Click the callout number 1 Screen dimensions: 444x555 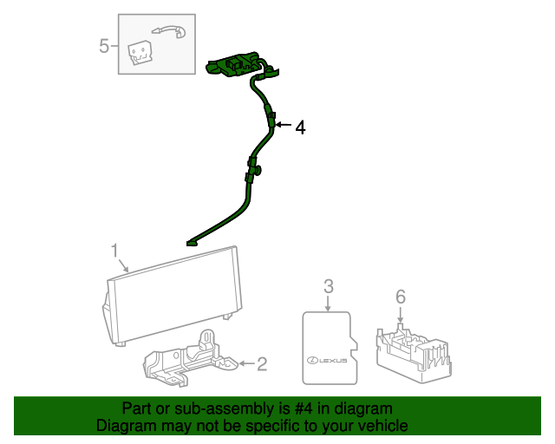(x=114, y=251)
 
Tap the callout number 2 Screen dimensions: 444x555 (x=261, y=364)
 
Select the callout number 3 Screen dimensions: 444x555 (x=328, y=286)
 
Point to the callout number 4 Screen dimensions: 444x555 (x=300, y=127)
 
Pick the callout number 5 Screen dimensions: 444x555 (x=104, y=45)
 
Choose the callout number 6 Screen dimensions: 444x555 (x=400, y=297)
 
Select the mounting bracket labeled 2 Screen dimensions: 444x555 (x=186, y=358)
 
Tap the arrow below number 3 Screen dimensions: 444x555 (x=328, y=303)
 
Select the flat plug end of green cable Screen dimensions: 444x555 (x=191, y=244)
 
